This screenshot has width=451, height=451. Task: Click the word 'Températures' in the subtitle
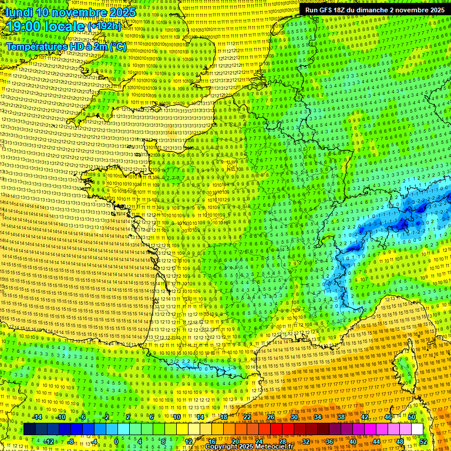point(35,46)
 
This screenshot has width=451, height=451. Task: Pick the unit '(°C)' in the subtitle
point(117,46)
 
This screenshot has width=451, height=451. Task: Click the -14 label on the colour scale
point(36,417)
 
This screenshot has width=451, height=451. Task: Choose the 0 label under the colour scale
point(116,441)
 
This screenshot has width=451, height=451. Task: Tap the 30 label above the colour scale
point(294,417)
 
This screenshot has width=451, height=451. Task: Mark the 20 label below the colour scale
point(235,441)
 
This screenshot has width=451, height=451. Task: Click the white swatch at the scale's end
point(417,429)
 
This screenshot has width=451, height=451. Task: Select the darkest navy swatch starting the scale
point(29,429)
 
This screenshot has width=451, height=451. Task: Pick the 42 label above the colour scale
point(365,417)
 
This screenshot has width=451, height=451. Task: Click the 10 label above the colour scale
point(176,417)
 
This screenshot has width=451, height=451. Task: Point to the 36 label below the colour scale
point(329,441)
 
